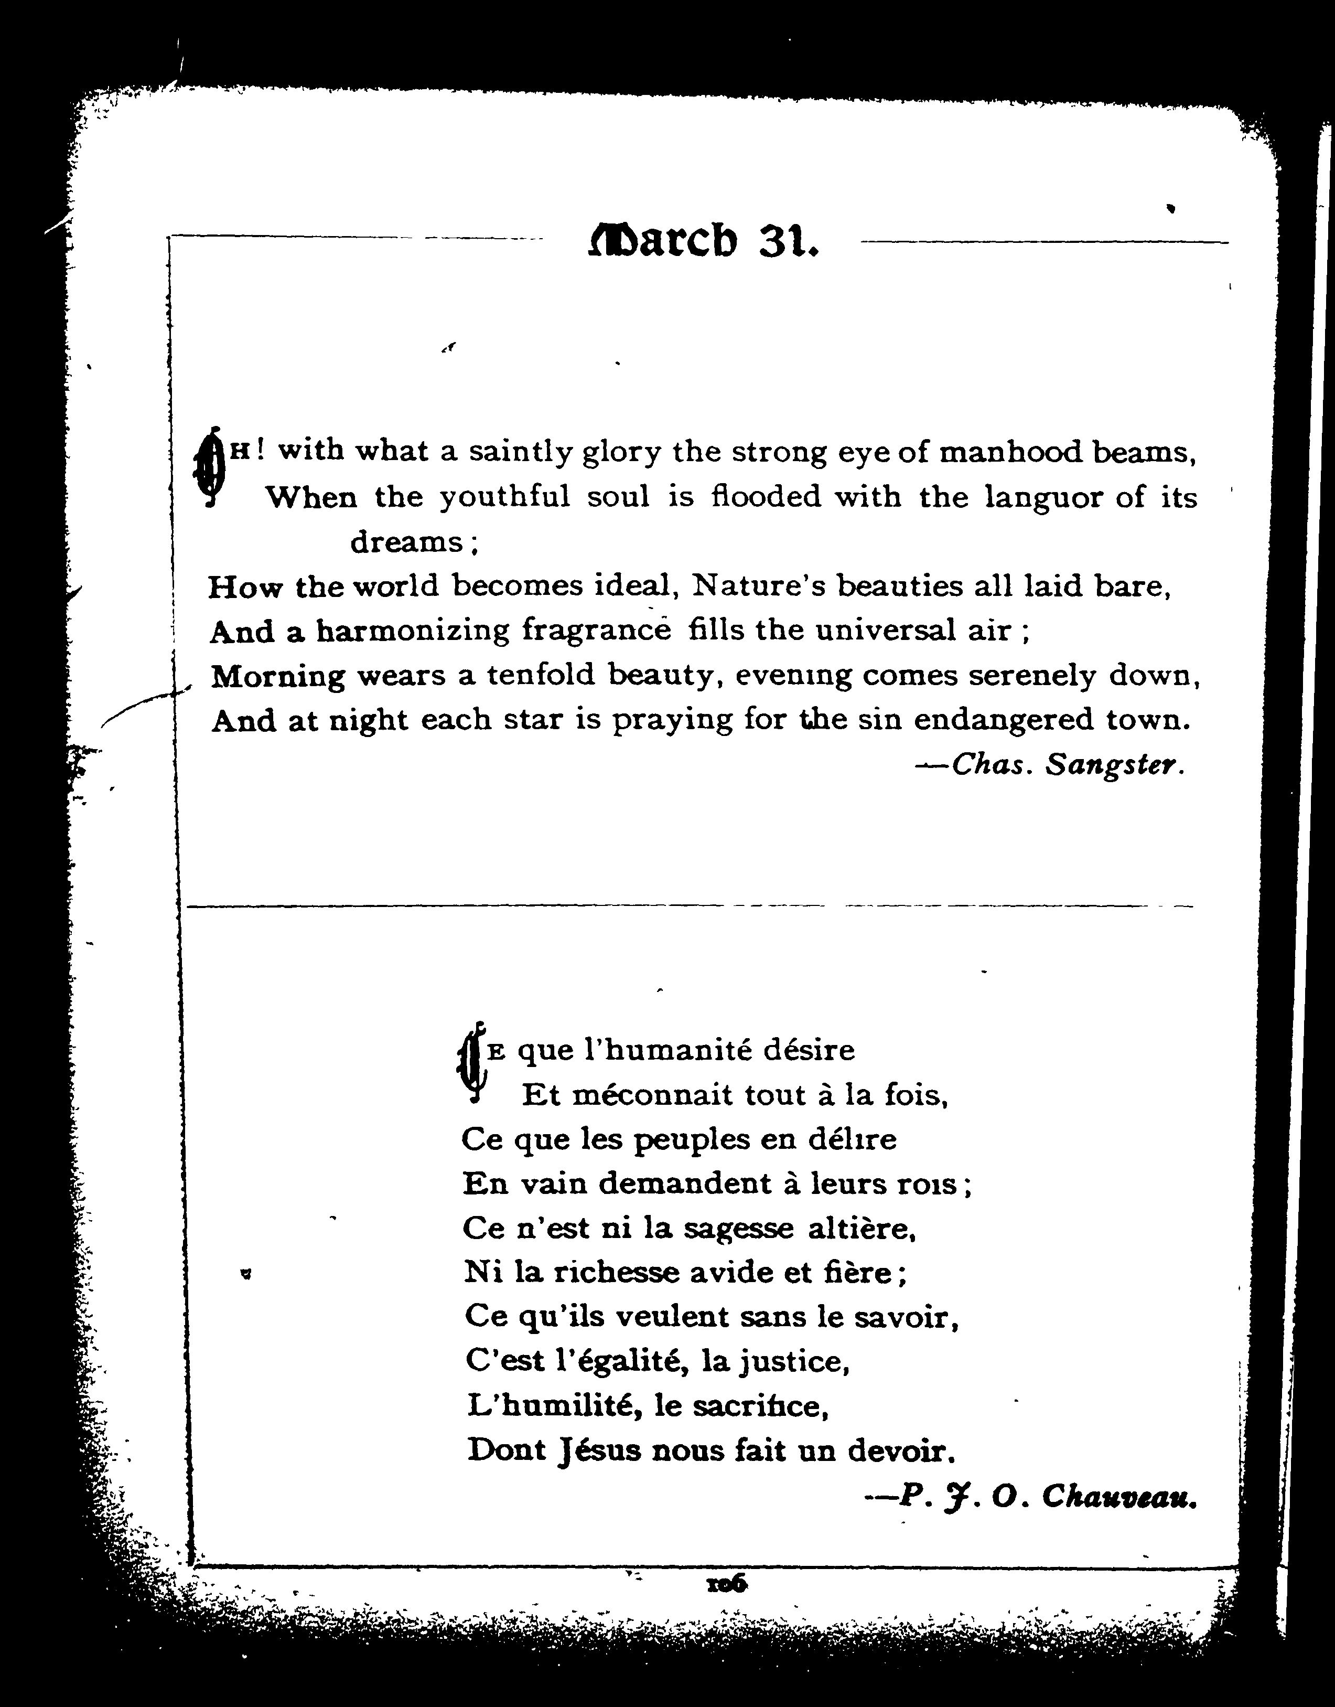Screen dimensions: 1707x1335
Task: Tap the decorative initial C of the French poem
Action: pos(471,1063)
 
